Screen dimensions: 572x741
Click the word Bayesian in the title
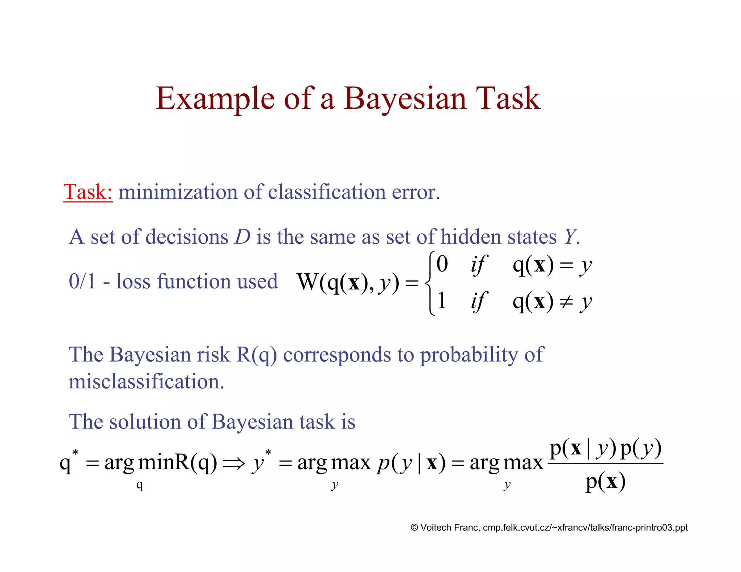point(405,99)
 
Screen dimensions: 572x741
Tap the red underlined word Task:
point(88,192)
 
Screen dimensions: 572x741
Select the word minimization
point(178,192)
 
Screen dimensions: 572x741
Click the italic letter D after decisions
point(242,237)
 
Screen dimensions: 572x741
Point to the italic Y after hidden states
point(569,237)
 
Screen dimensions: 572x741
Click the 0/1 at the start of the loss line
point(82,281)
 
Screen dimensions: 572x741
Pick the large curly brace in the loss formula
point(429,284)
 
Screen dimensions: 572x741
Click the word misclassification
point(147,381)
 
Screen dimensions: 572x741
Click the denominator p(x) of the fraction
point(605,482)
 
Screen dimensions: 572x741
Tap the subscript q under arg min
point(140,485)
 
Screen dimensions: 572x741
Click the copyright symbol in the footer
point(414,528)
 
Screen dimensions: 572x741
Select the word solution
point(145,422)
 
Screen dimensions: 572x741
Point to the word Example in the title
point(215,99)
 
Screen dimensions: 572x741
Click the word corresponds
point(337,354)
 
